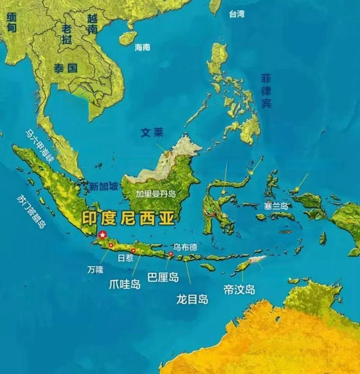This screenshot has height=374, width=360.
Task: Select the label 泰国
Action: tap(65, 68)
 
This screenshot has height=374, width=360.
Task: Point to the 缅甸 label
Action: tap(12, 22)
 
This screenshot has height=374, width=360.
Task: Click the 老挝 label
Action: tap(67, 34)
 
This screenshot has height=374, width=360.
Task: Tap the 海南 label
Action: tap(142, 47)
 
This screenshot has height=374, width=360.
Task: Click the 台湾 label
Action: tap(237, 15)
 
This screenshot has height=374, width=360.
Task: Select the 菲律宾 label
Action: tap(266, 91)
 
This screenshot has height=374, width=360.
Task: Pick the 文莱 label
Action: tap(152, 133)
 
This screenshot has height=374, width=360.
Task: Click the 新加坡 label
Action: tap(104, 186)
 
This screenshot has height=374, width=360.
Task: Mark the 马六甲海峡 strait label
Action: tap(40, 145)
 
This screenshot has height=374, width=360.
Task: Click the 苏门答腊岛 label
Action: tap(31, 211)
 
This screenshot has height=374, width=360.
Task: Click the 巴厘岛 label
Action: tap(163, 277)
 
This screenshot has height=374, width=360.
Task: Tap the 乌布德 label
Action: tap(184, 247)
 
